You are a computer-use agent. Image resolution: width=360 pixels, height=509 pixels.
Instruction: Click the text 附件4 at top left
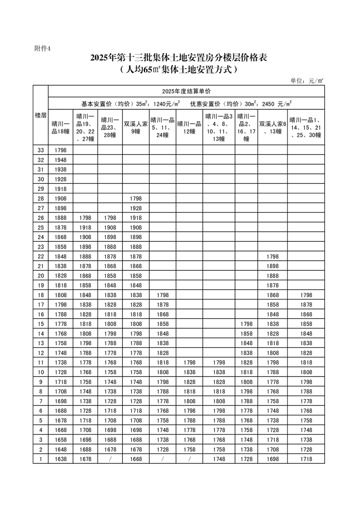coord(43,49)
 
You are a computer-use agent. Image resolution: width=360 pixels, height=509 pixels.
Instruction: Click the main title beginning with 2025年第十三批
coord(180,58)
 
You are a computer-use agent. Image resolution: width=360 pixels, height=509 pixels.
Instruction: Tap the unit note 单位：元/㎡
coord(306,80)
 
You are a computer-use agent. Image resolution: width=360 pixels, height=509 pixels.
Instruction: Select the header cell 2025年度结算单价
coord(186,91)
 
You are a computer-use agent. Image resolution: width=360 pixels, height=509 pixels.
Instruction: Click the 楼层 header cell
coord(41,115)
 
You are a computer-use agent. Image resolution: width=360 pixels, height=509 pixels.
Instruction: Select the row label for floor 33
coord(41,150)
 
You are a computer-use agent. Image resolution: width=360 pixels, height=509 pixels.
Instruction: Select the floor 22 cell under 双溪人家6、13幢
coord(272,257)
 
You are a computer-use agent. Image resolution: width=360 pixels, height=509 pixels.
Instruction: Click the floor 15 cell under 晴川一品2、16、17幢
coord(246,324)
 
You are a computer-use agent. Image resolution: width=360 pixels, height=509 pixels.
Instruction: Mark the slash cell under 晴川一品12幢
coord(189,459)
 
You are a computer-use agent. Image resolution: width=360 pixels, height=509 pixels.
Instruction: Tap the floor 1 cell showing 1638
coord(60,459)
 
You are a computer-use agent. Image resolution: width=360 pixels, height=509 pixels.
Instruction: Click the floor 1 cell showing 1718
coord(306,459)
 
